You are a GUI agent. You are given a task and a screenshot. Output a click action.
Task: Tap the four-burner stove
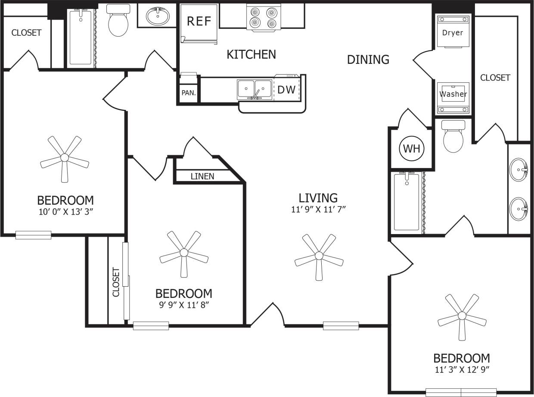coord(263,17)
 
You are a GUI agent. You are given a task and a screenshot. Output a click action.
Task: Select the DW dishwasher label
coord(286,90)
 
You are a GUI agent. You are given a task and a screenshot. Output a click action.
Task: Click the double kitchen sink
coord(255,90)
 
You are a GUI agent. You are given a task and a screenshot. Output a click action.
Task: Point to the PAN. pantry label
coord(188,93)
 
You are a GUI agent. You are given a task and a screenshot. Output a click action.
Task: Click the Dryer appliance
coord(453,31)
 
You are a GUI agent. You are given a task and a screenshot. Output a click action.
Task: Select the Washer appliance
coord(453,97)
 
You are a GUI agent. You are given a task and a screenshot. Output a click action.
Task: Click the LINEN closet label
coord(202,176)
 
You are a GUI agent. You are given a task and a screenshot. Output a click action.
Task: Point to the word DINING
coord(368,59)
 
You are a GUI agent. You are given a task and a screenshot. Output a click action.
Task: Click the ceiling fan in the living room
coord(319,256)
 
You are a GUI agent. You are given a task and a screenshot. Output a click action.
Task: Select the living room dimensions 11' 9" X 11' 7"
coord(318,209)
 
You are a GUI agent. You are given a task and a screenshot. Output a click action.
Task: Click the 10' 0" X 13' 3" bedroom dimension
coord(65,212)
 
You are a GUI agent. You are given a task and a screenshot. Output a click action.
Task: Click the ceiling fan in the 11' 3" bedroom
coord(462,316)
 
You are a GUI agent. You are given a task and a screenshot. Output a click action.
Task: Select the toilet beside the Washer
coord(453,136)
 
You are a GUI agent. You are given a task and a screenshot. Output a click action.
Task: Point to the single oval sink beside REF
coord(158,16)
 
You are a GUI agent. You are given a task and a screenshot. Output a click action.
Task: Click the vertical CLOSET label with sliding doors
coord(116,282)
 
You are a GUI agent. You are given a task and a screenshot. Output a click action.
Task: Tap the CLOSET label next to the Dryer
coord(495,78)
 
